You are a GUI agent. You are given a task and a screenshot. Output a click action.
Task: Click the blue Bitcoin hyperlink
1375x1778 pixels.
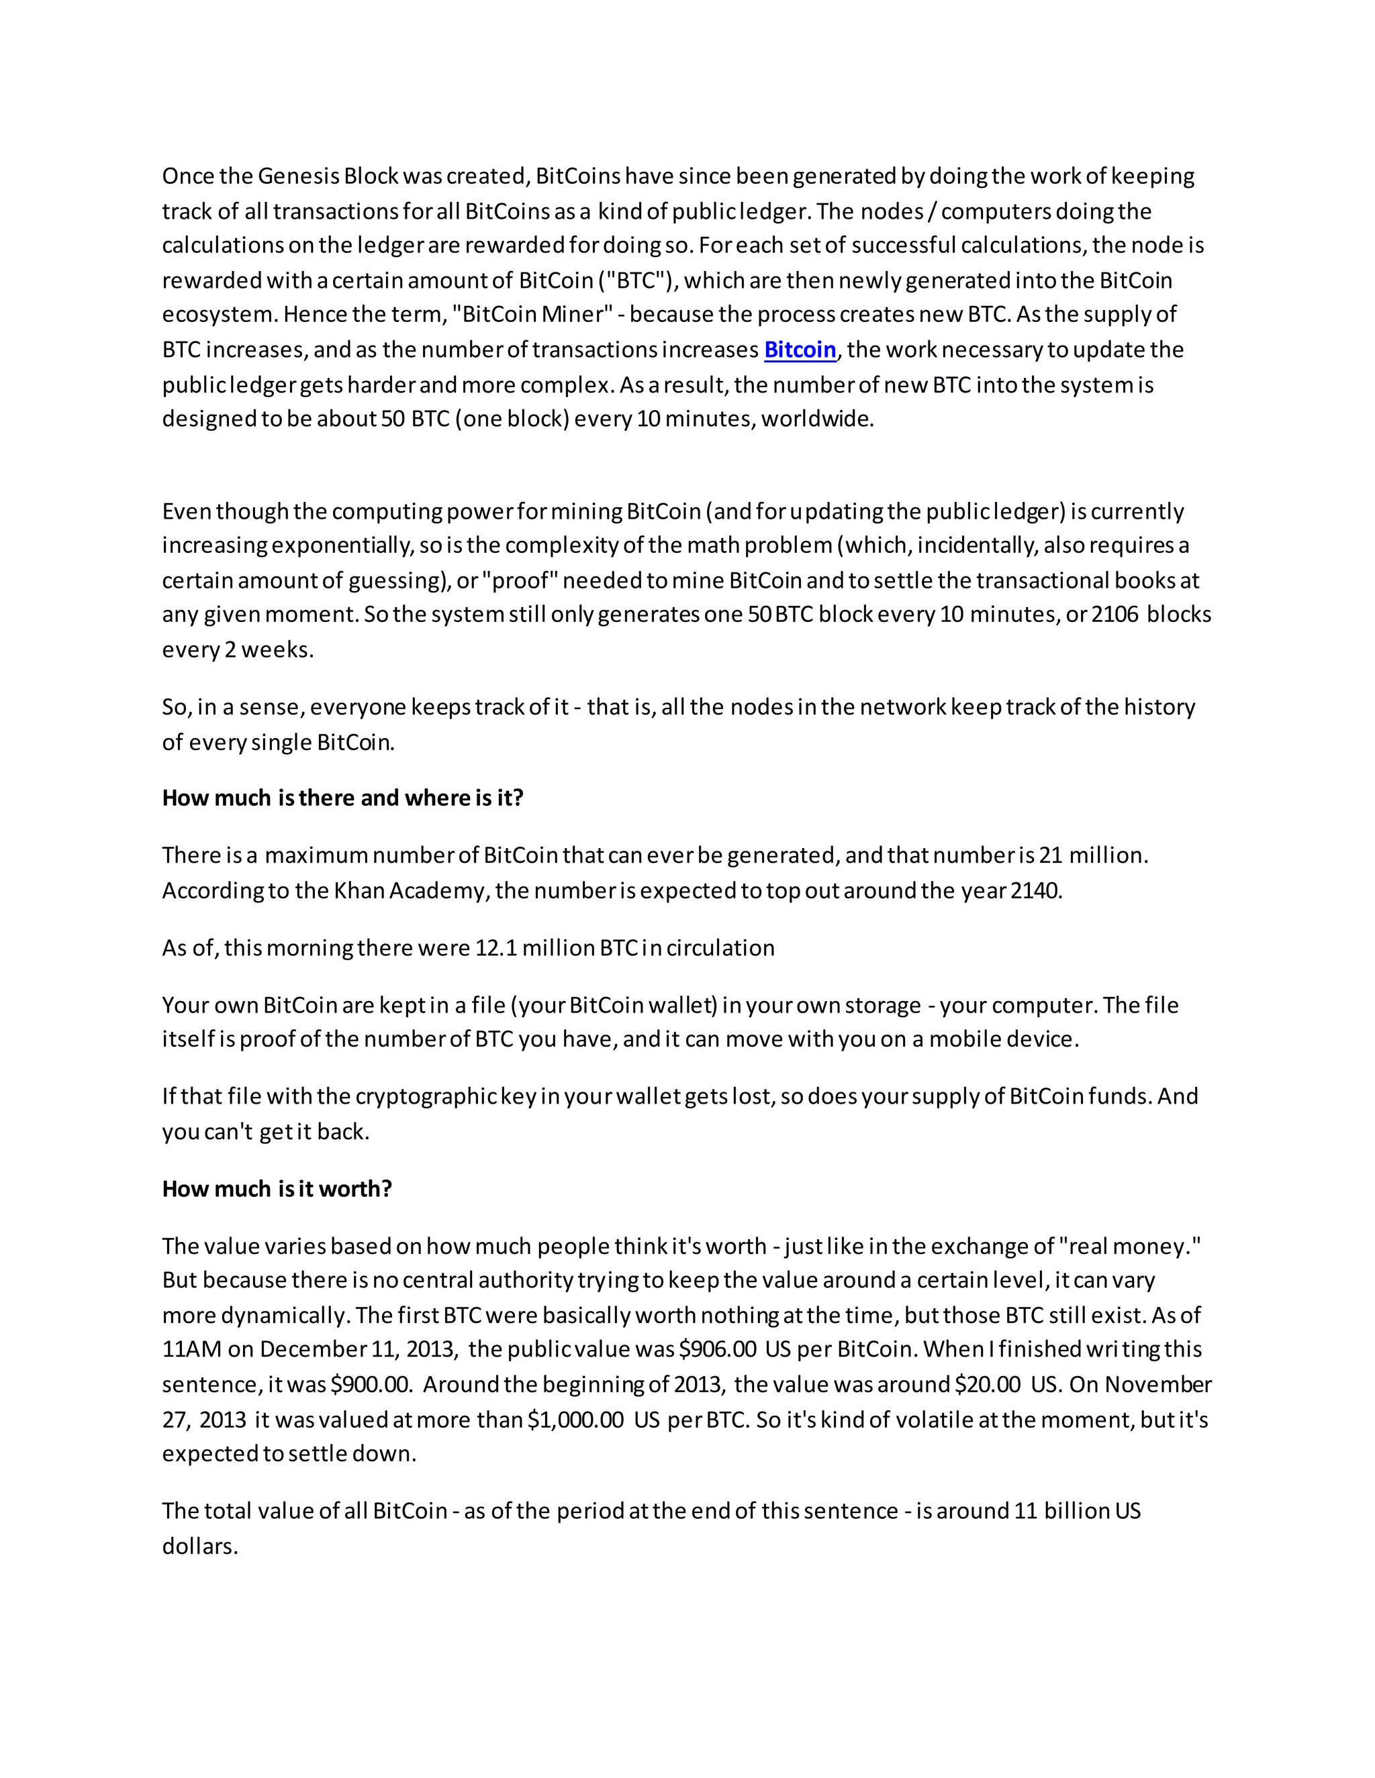coord(800,350)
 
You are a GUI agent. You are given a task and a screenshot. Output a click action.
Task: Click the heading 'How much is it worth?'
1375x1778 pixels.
coord(277,1189)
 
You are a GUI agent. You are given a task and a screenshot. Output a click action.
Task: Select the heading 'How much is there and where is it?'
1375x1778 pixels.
coord(342,798)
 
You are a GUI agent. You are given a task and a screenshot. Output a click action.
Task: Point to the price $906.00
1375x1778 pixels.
coord(718,1350)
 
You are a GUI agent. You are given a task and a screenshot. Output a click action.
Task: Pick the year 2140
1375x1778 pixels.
coord(1035,890)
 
